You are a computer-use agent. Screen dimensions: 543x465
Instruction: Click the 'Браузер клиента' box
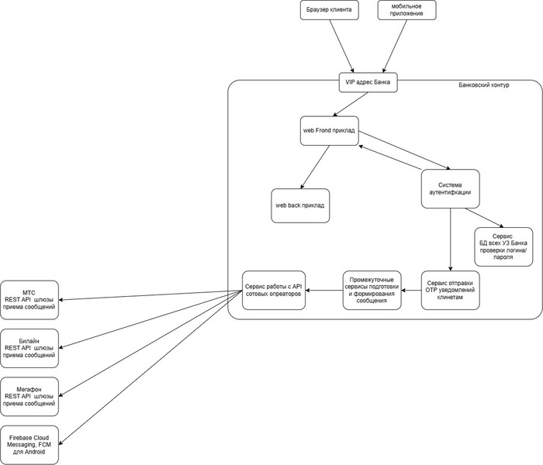pyautogui.click(x=330, y=9)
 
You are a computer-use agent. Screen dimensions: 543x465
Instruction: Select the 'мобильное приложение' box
pyautogui.click(x=406, y=9)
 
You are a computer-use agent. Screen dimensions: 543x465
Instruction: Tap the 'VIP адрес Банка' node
pyautogui.click(x=368, y=82)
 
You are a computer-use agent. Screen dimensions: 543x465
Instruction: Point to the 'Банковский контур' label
pyautogui.click(x=484, y=84)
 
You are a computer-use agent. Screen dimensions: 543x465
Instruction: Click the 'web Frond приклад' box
pyautogui.click(x=330, y=131)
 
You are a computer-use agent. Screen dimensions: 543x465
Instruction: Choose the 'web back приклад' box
pyautogui.click(x=300, y=205)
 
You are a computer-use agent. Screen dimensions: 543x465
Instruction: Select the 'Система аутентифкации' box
pyautogui.click(x=450, y=188)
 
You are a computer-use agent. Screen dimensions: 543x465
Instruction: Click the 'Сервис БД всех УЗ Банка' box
pyautogui.click(x=503, y=246)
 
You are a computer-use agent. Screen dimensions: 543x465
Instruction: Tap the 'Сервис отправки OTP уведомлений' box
pyautogui.click(x=450, y=290)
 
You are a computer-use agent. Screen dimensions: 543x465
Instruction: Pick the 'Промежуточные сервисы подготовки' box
pyautogui.click(x=372, y=290)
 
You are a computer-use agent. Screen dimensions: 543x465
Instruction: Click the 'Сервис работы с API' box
pyautogui.click(x=274, y=290)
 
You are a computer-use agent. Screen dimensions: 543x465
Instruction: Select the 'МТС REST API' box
pyautogui.click(x=29, y=300)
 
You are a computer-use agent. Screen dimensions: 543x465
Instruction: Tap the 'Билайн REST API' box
pyautogui.click(x=29, y=348)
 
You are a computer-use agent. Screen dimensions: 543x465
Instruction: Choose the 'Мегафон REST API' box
pyautogui.click(x=29, y=397)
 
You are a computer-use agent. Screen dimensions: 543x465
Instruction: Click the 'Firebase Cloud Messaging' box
pyautogui.click(x=29, y=445)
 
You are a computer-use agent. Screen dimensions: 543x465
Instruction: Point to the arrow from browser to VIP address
pyautogui.click(x=341, y=46)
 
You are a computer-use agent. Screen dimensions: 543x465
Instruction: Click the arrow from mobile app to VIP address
pyautogui.click(x=395, y=46)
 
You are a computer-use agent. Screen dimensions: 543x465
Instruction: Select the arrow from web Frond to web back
pyautogui.click(x=315, y=167)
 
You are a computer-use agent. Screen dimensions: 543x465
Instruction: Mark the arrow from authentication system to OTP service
pyautogui.click(x=450, y=239)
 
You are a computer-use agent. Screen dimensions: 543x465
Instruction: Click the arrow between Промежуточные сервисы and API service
pyautogui.click(x=324, y=290)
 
